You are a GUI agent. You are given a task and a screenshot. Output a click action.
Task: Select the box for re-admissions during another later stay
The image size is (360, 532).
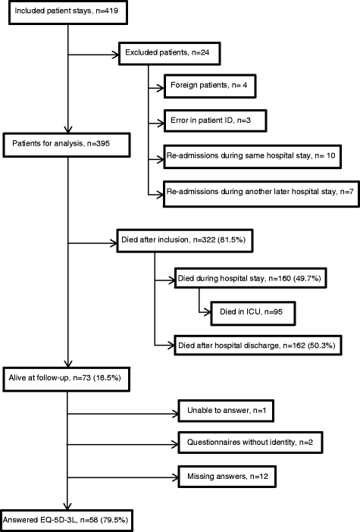[x=258, y=193]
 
